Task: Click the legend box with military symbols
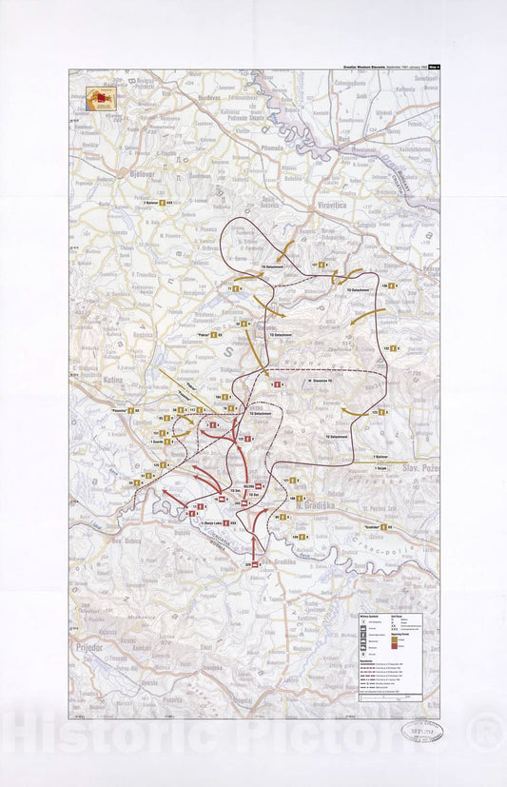point(398,656)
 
